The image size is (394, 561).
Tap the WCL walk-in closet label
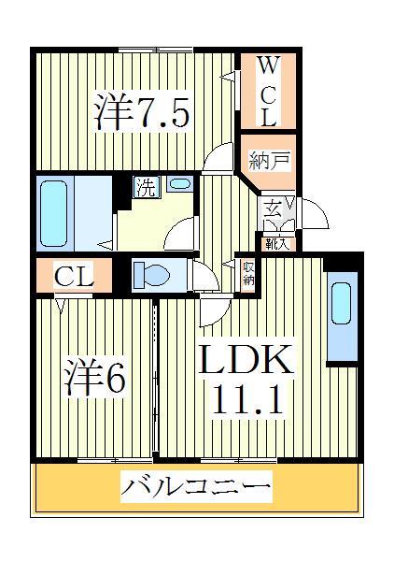(268, 92)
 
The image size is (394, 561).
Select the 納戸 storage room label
(268, 161)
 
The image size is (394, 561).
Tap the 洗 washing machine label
(147, 185)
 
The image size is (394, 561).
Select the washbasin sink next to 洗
(180, 184)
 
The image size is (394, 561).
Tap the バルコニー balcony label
(196, 487)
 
